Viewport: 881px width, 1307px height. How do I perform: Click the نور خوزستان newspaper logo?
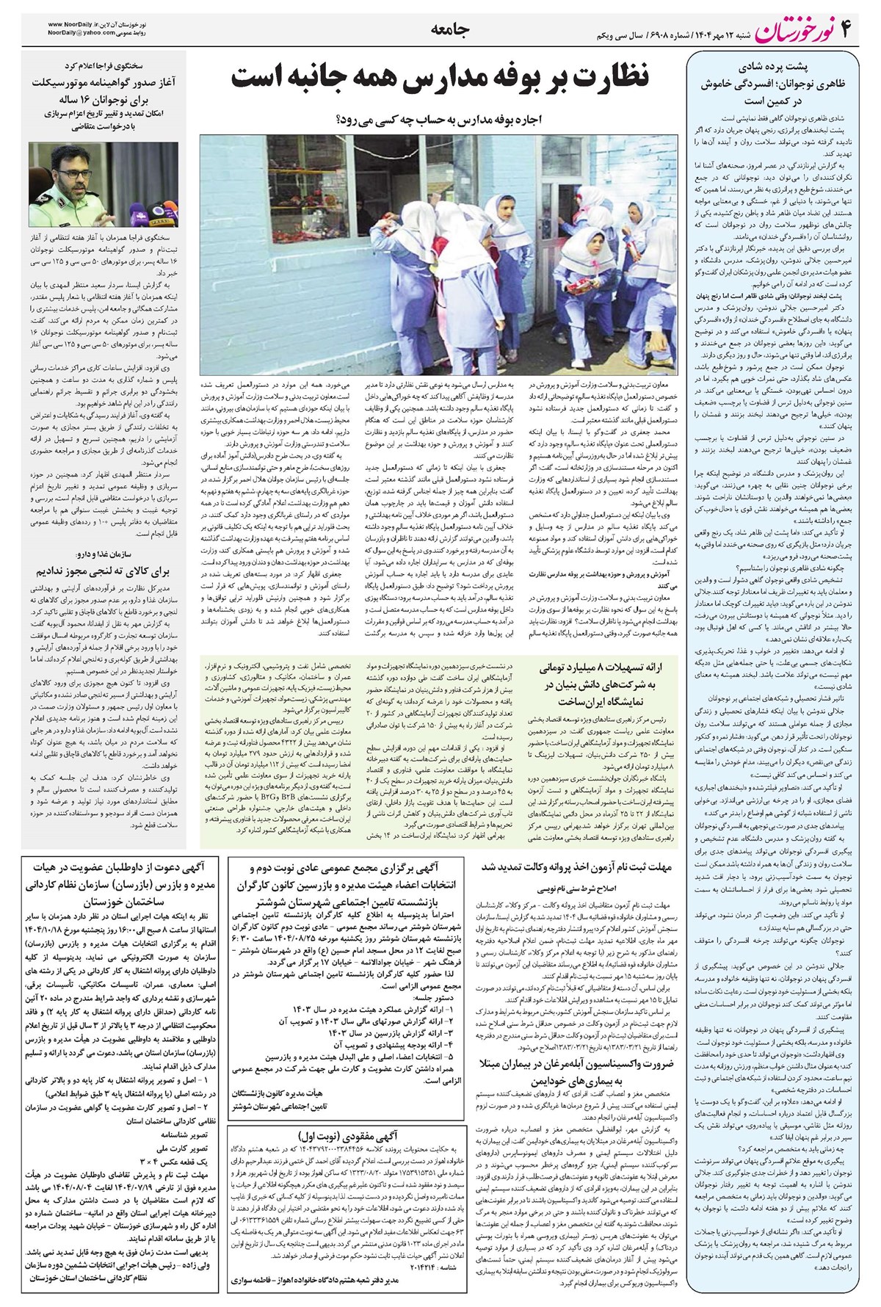786,29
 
